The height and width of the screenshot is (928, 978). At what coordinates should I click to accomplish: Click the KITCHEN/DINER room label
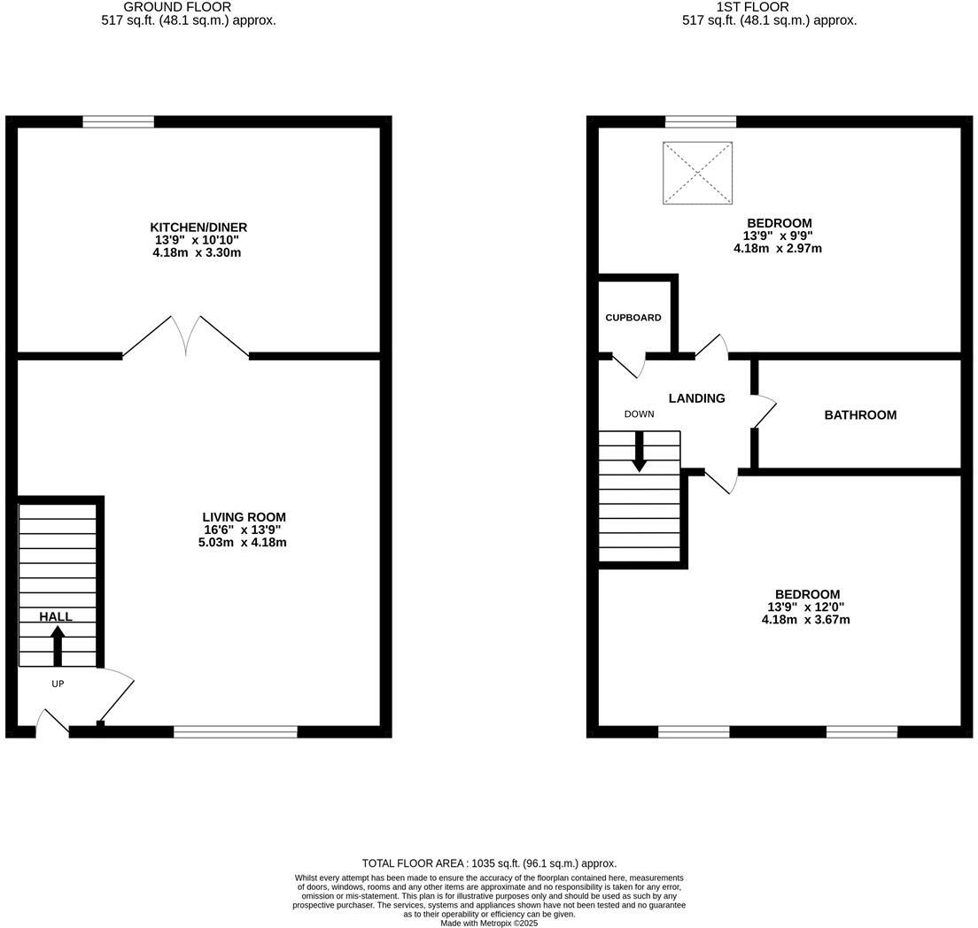click(x=198, y=228)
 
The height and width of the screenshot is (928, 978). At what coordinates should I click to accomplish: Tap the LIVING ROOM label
click(x=244, y=517)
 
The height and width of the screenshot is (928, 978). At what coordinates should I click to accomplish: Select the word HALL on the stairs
click(x=56, y=617)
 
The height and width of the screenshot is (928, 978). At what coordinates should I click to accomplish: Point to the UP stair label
click(x=58, y=684)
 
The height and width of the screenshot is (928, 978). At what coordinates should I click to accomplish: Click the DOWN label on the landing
click(x=639, y=414)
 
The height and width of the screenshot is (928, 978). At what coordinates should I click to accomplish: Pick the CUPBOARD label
click(x=633, y=318)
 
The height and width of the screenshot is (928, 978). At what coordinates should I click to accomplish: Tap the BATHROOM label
click(x=860, y=414)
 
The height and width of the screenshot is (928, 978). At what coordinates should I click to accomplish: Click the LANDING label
click(x=696, y=398)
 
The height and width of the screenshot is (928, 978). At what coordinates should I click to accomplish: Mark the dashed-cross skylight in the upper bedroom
click(x=698, y=173)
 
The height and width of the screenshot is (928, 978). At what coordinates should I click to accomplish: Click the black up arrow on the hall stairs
click(x=58, y=645)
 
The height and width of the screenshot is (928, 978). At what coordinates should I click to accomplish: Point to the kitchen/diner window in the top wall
click(x=119, y=121)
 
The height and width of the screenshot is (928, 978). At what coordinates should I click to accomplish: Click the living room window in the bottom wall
click(x=236, y=731)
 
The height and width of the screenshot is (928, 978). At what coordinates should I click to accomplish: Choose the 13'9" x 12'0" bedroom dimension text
click(x=806, y=607)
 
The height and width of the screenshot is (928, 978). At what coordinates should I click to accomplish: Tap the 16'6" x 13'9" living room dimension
click(x=243, y=530)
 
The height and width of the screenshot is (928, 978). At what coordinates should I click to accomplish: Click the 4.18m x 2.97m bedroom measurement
click(x=778, y=249)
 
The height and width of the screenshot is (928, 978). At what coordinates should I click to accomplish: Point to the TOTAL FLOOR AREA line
click(x=489, y=863)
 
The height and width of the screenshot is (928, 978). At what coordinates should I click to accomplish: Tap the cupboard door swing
click(x=629, y=365)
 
